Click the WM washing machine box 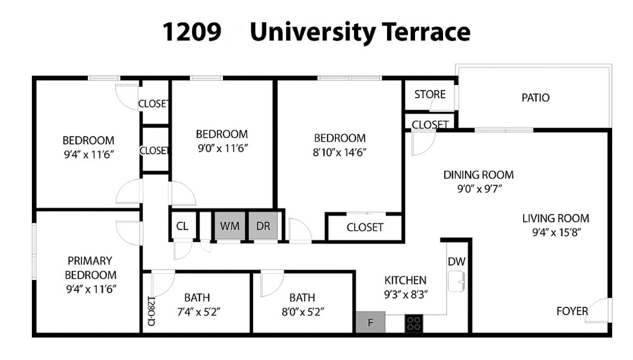pyautogui.click(x=230, y=226)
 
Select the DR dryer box pyautogui.click(x=263, y=226)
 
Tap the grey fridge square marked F pyautogui.click(x=370, y=322)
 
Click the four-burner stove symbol pyautogui.click(x=413, y=323)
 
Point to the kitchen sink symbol pyautogui.click(x=457, y=282)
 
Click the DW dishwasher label pyautogui.click(x=457, y=261)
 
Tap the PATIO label pyautogui.click(x=536, y=98)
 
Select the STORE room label pyautogui.click(x=430, y=95)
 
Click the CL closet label pyautogui.click(x=182, y=226)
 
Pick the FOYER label pyautogui.click(x=572, y=311)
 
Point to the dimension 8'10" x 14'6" pyautogui.click(x=339, y=152)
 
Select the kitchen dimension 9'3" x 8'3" pyautogui.click(x=405, y=294)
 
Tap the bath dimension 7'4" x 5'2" pyautogui.click(x=197, y=312)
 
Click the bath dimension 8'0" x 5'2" pyautogui.click(x=302, y=312)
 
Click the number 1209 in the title pyautogui.click(x=192, y=32)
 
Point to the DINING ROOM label pyautogui.click(x=478, y=175)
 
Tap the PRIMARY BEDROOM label pyautogui.click(x=90, y=268)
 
